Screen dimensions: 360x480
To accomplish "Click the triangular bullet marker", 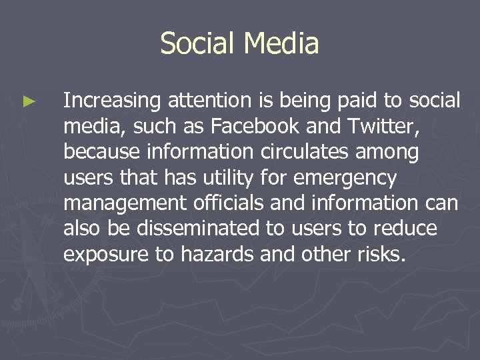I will pos(27,102).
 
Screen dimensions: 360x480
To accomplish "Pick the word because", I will pos(100,153).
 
